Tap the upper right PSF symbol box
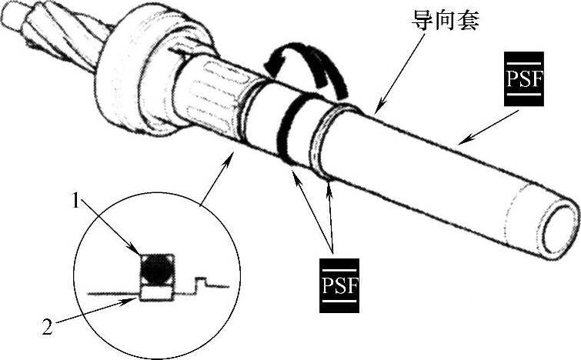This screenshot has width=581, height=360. [x=523, y=79]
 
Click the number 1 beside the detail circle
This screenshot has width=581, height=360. [x=77, y=202]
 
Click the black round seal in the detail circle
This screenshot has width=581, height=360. [x=156, y=269]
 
